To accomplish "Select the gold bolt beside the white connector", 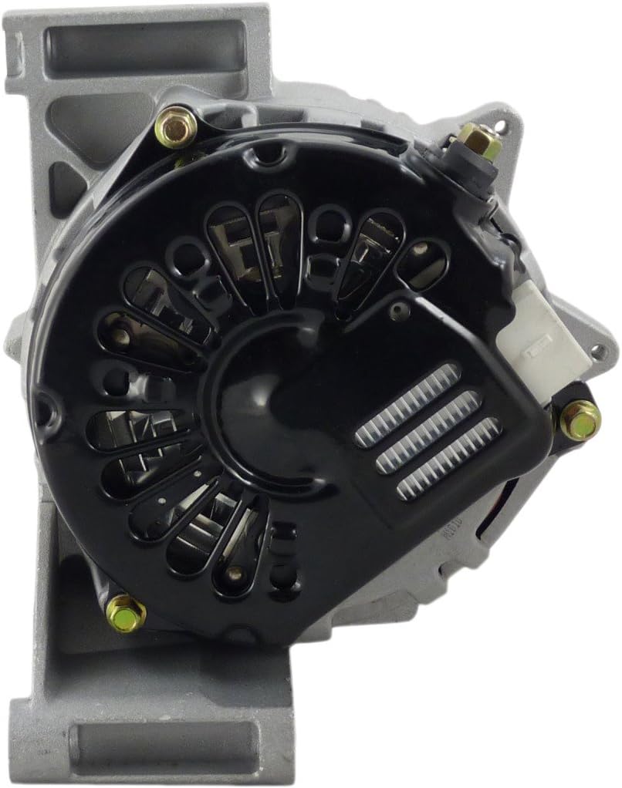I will pyautogui.click(x=580, y=419).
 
